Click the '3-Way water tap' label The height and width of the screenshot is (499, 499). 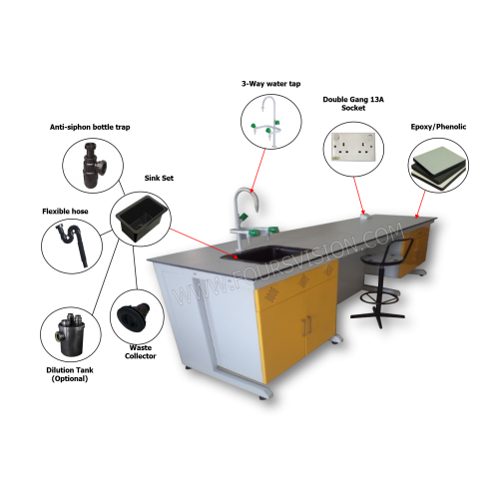(270, 84)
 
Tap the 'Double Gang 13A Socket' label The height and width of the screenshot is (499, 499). (353, 104)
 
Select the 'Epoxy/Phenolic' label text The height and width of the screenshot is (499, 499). (438, 127)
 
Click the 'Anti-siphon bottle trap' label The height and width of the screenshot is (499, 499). (90, 127)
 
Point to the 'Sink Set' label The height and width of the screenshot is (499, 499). (159, 178)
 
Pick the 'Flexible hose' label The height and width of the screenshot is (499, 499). (65, 212)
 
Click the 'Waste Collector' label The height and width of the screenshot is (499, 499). (141, 351)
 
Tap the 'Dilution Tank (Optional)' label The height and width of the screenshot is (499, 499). (70, 374)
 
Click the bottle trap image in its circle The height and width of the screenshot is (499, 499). (94, 166)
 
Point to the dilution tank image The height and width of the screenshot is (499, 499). (71, 334)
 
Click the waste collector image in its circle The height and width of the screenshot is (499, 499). (134, 316)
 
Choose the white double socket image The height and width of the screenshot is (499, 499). (354, 147)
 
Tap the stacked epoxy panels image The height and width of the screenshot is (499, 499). (438, 169)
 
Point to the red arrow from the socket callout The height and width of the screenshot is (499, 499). (359, 196)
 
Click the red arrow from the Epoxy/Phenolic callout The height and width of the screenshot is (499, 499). (420, 205)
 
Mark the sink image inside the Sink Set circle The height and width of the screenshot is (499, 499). (142, 219)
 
